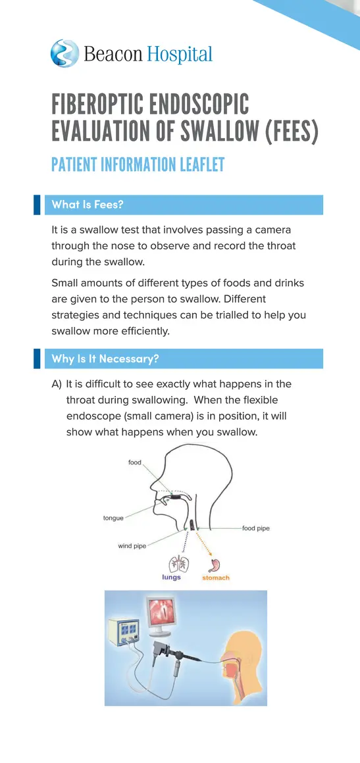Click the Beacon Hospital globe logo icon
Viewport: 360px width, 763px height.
click(x=64, y=53)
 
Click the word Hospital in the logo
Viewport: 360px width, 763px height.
click(x=179, y=54)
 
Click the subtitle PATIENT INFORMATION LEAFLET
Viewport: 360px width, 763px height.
click(x=138, y=164)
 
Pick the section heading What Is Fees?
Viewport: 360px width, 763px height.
click(x=88, y=205)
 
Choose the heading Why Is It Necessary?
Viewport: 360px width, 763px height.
click(x=105, y=358)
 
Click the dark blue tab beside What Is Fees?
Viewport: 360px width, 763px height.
click(x=37, y=205)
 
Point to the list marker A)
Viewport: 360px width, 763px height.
click(x=57, y=383)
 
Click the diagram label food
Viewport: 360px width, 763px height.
click(x=134, y=462)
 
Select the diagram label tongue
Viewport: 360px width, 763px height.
click(x=113, y=518)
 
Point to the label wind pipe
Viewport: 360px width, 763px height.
click(x=132, y=545)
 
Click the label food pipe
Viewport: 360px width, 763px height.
click(x=255, y=528)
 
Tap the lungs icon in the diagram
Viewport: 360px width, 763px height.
click(x=177, y=563)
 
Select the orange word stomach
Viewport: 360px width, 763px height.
click(x=215, y=578)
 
